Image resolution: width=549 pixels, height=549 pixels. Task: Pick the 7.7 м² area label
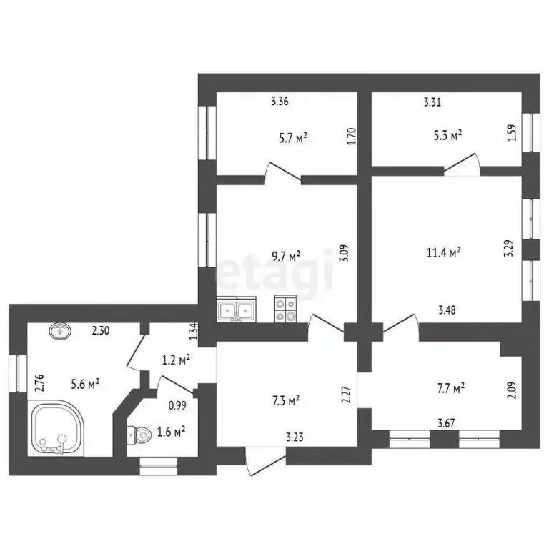(451, 388)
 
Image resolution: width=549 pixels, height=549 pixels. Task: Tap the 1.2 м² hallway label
(174, 361)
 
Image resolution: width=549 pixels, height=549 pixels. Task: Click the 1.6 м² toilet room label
(172, 431)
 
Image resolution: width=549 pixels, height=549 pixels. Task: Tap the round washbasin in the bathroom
(59, 330)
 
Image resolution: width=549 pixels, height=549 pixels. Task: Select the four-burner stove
(287, 310)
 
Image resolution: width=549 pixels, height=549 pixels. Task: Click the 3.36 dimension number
(280, 102)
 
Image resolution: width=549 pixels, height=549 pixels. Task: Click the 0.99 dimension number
(177, 406)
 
